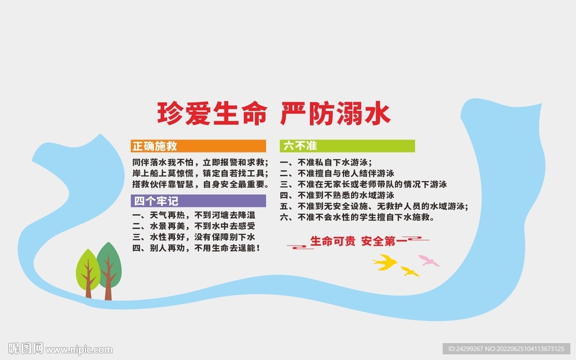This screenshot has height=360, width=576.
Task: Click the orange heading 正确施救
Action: pos(155,146)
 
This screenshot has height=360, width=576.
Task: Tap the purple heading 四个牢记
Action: pos(155,201)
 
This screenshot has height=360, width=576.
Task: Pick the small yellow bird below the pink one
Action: pos(409,272)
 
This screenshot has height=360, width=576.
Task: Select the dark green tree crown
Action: pos(109,260)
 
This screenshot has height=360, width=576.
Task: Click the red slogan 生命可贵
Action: pos(333,242)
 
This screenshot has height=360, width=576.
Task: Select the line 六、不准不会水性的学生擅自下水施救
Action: pos(357,217)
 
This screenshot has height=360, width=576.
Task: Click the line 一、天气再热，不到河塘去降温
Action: pos(194,215)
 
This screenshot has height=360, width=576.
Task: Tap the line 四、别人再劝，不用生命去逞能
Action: pos(196,247)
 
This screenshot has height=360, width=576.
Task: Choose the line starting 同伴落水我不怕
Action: pos(200,162)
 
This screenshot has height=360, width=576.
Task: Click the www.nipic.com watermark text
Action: pos(79,350)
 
